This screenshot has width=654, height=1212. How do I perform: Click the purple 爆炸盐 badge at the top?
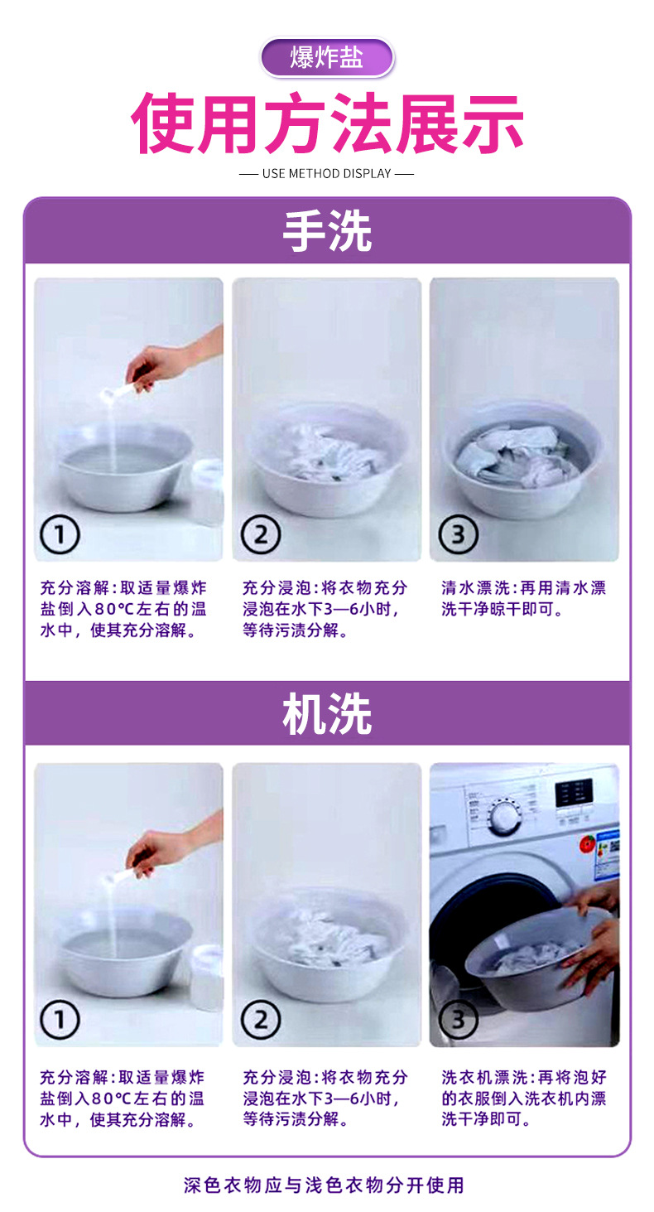tap(327, 57)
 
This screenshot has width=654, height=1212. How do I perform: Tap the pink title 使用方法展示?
tap(327, 123)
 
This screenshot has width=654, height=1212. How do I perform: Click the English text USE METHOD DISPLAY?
tap(326, 174)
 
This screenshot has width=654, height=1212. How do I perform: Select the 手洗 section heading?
tap(327, 231)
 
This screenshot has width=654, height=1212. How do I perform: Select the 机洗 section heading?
tap(327, 713)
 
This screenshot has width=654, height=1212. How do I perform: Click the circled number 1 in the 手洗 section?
tap(60, 534)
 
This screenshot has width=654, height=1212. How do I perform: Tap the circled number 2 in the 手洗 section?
tap(261, 534)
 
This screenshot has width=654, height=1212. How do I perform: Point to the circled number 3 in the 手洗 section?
tap(459, 534)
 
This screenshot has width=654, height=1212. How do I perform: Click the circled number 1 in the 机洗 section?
tap(60, 1020)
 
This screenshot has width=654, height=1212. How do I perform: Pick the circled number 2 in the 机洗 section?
tap(261, 1020)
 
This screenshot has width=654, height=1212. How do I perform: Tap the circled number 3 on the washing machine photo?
tap(459, 1020)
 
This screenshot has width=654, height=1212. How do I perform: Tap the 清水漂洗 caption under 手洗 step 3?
tap(523, 598)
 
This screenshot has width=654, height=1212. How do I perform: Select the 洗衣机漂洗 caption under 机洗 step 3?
tap(523, 1098)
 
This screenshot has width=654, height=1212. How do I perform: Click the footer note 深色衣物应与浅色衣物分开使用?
tap(324, 1185)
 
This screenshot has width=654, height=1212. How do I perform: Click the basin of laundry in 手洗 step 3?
tap(523, 459)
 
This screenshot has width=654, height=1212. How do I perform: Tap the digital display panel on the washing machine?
tap(574, 794)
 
